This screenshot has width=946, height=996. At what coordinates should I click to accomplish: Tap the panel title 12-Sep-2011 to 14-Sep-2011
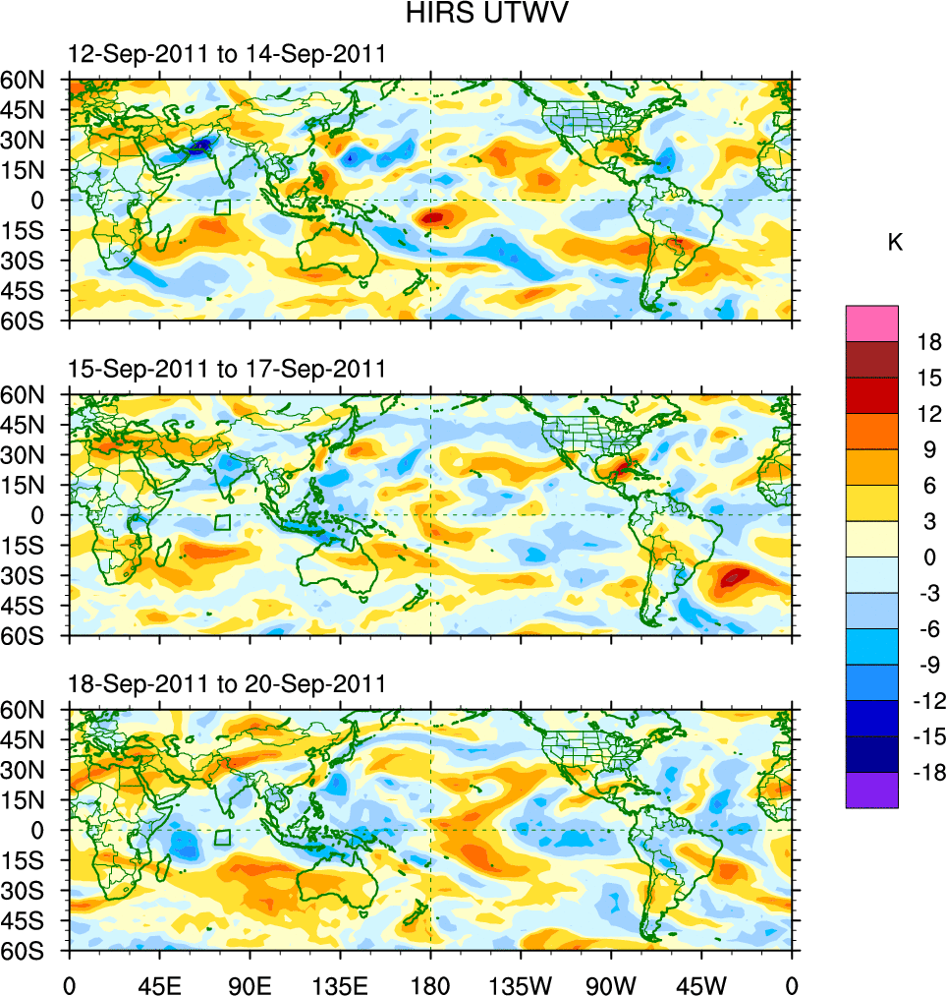(x=227, y=55)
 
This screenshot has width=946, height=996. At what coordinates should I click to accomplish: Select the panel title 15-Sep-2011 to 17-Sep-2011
(x=227, y=370)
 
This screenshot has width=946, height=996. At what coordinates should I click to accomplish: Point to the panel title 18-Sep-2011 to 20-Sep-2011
(x=227, y=684)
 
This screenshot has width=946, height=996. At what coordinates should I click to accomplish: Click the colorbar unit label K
(x=895, y=243)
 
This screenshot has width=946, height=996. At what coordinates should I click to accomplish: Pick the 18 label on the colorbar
(x=927, y=342)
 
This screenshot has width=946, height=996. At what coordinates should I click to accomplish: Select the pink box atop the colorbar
(x=871, y=322)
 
